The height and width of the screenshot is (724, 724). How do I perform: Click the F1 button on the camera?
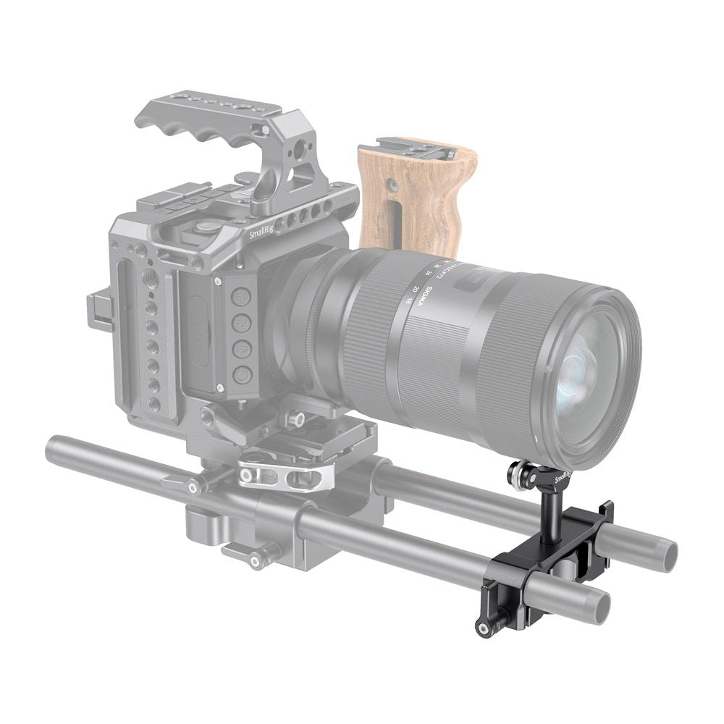(241, 296)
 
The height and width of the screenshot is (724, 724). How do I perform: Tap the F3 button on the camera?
(242, 349)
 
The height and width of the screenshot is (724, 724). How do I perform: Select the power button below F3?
(243, 375)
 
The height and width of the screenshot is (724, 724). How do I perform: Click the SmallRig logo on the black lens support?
(563, 477)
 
